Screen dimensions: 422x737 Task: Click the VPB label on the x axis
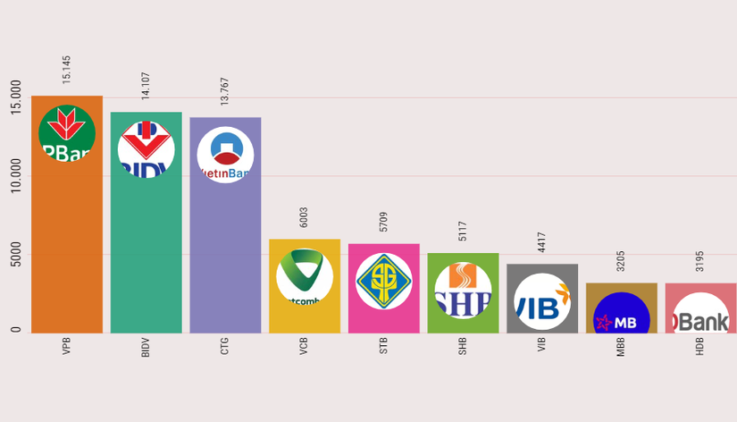pyautogui.click(x=67, y=346)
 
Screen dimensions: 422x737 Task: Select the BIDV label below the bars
pyautogui.click(x=146, y=347)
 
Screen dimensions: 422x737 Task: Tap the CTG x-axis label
pyautogui.click(x=225, y=346)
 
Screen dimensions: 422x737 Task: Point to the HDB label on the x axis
pyautogui.click(x=700, y=346)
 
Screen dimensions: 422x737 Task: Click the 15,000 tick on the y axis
pyautogui.click(x=16, y=97)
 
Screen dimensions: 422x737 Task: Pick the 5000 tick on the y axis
pyautogui.click(x=16, y=255)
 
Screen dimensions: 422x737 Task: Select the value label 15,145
pyautogui.click(x=67, y=70)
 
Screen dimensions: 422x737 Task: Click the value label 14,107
pyautogui.click(x=146, y=86)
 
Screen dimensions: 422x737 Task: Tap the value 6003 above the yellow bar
pyautogui.click(x=305, y=217)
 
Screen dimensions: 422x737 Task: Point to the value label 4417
pyautogui.click(x=542, y=242)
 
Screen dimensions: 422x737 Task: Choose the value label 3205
pyautogui.click(x=621, y=261)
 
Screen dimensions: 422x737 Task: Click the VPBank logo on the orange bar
pyautogui.click(x=67, y=134)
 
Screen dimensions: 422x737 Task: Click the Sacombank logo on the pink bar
pyautogui.click(x=384, y=282)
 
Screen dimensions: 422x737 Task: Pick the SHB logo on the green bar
pyautogui.click(x=463, y=290)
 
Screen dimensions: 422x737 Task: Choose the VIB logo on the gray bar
pyautogui.click(x=542, y=301)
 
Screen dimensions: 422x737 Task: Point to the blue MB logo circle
pyautogui.click(x=622, y=315)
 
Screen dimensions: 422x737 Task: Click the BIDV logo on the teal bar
pyautogui.click(x=146, y=149)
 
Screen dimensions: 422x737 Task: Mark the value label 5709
pyautogui.click(x=384, y=222)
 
